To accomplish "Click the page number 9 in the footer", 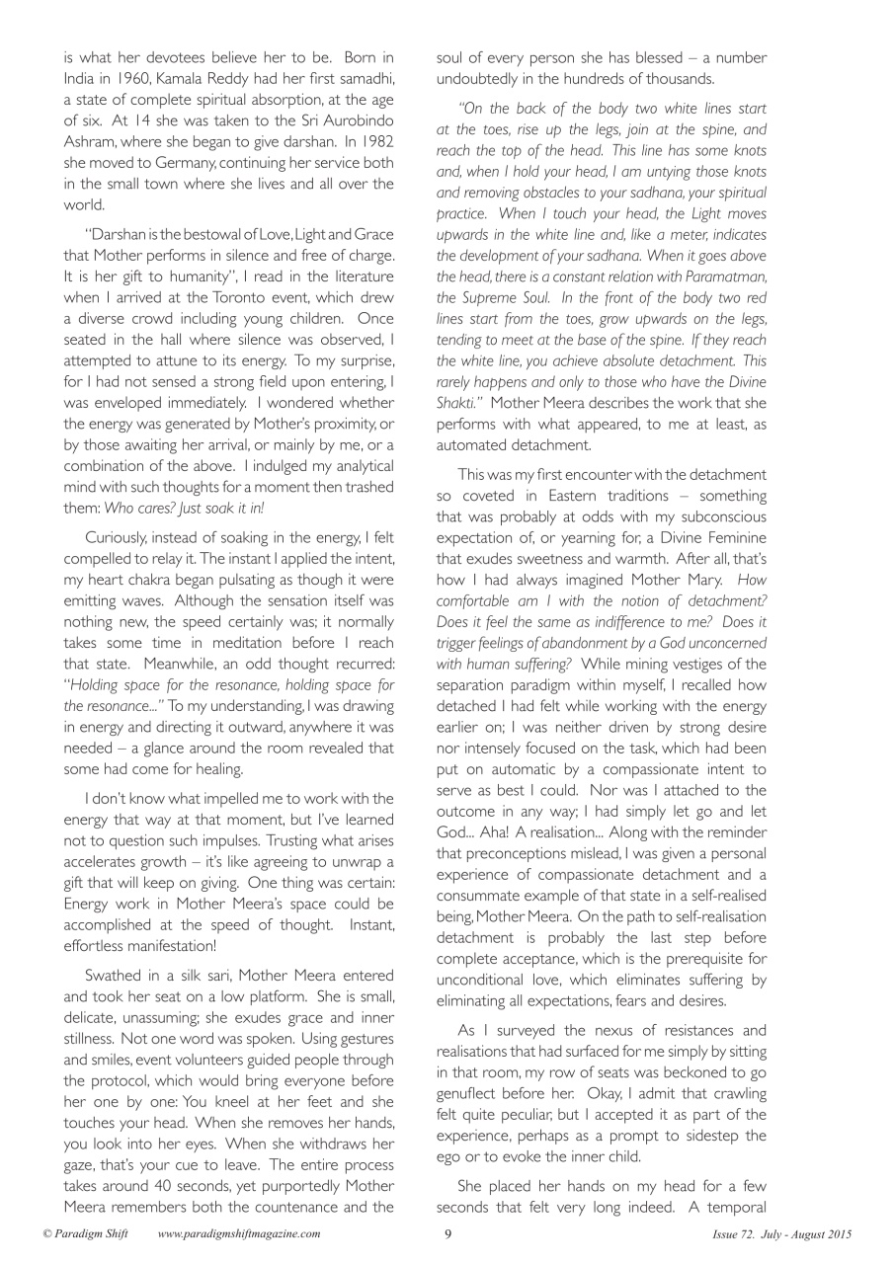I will pos(447,1234).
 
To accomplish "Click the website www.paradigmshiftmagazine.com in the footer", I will pos(238,1234).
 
